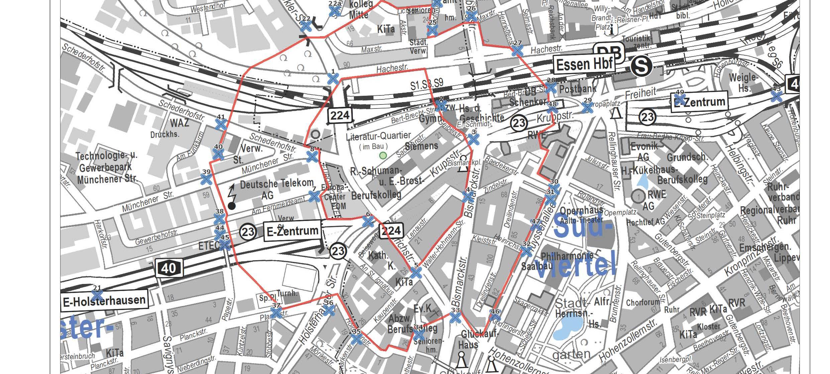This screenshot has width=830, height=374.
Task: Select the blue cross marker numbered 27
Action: [x=517, y=51]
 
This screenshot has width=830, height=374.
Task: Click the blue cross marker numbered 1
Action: [x=333, y=79]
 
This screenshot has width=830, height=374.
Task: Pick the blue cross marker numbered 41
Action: [x=221, y=125]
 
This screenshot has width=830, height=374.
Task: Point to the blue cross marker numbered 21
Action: [x=97, y=295]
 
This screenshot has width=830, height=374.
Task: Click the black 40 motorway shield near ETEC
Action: [x=169, y=268]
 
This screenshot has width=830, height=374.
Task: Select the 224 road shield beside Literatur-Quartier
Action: [x=340, y=116]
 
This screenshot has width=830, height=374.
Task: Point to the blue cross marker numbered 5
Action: [x=416, y=273]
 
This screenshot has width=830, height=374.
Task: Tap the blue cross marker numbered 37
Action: [x=276, y=313]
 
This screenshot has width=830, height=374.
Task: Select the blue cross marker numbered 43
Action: [x=776, y=96]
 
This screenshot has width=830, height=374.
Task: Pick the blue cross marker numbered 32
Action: [x=526, y=251]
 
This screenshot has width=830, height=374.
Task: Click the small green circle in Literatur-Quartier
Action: [x=383, y=155]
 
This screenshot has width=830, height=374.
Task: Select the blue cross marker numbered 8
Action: [x=312, y=156]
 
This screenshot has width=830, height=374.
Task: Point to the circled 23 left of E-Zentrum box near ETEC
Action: [x=248, y=232]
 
